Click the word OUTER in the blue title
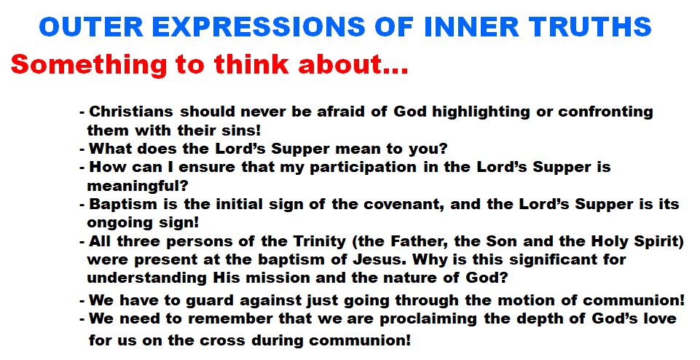(x=91, y=26)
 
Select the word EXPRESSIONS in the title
(x=259, y=26)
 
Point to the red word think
(x=251, y=64)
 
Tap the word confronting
(x=606, y=112)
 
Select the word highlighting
(x=481, y=112)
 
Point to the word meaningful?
(x=138, y=185)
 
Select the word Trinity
(x=320, y=241)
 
